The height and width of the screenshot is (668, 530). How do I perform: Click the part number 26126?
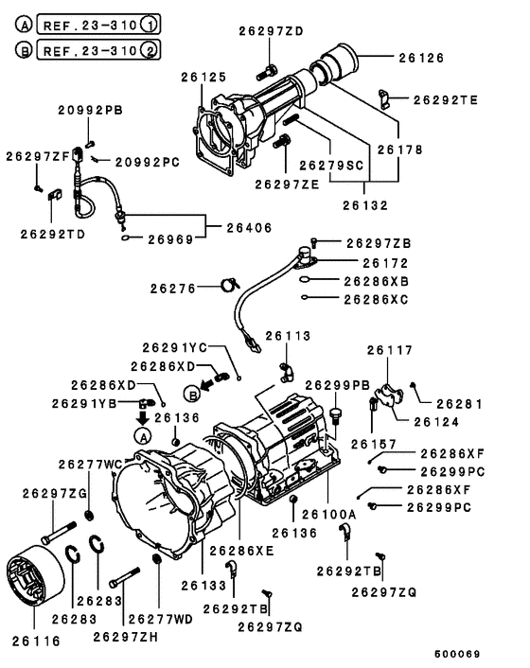[420, 57]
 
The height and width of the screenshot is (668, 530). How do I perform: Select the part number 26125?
[205, 76]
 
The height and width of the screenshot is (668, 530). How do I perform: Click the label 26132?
[366, 202]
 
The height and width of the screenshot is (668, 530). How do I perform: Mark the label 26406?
[250, 227]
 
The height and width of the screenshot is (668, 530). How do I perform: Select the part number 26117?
[390, 350]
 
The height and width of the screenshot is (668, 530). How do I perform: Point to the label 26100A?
[328, 513]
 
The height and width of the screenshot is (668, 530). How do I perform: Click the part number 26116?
[36, 641]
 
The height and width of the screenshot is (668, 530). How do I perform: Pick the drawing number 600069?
[458, 654]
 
